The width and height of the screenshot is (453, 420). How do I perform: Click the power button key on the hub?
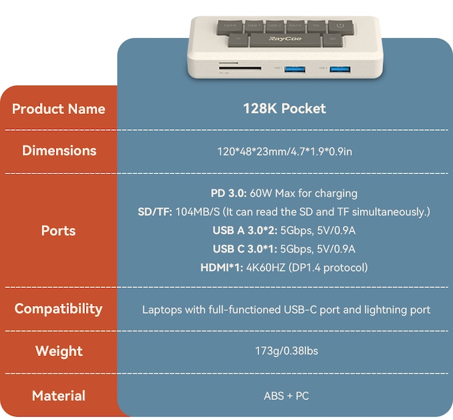(x=340, y=27)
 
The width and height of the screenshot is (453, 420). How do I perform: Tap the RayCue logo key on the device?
(x=286, y=41)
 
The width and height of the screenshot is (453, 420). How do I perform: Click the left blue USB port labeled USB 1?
(x=296, y=68)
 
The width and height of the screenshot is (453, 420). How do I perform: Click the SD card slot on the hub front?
(x=232, y=68)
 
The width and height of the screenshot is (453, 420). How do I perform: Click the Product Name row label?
(x=59, y=109)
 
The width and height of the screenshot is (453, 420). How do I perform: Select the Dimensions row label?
(x=59, y=151)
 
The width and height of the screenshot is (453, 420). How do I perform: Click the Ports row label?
(x=59, y=231)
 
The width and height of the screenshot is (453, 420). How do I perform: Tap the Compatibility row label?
(x=59, y=309)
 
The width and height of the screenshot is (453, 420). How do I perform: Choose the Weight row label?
(x=59, y=351)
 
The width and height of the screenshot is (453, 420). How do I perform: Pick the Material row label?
(x=59, y=395)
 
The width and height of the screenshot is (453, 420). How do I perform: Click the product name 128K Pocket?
(x=284, y=109)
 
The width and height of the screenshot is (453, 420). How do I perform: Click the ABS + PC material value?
(x=286, y=395)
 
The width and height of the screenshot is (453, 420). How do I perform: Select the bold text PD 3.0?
(x=228, y=193)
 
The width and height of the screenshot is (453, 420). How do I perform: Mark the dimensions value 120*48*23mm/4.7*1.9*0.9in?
(x=284, y=151)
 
